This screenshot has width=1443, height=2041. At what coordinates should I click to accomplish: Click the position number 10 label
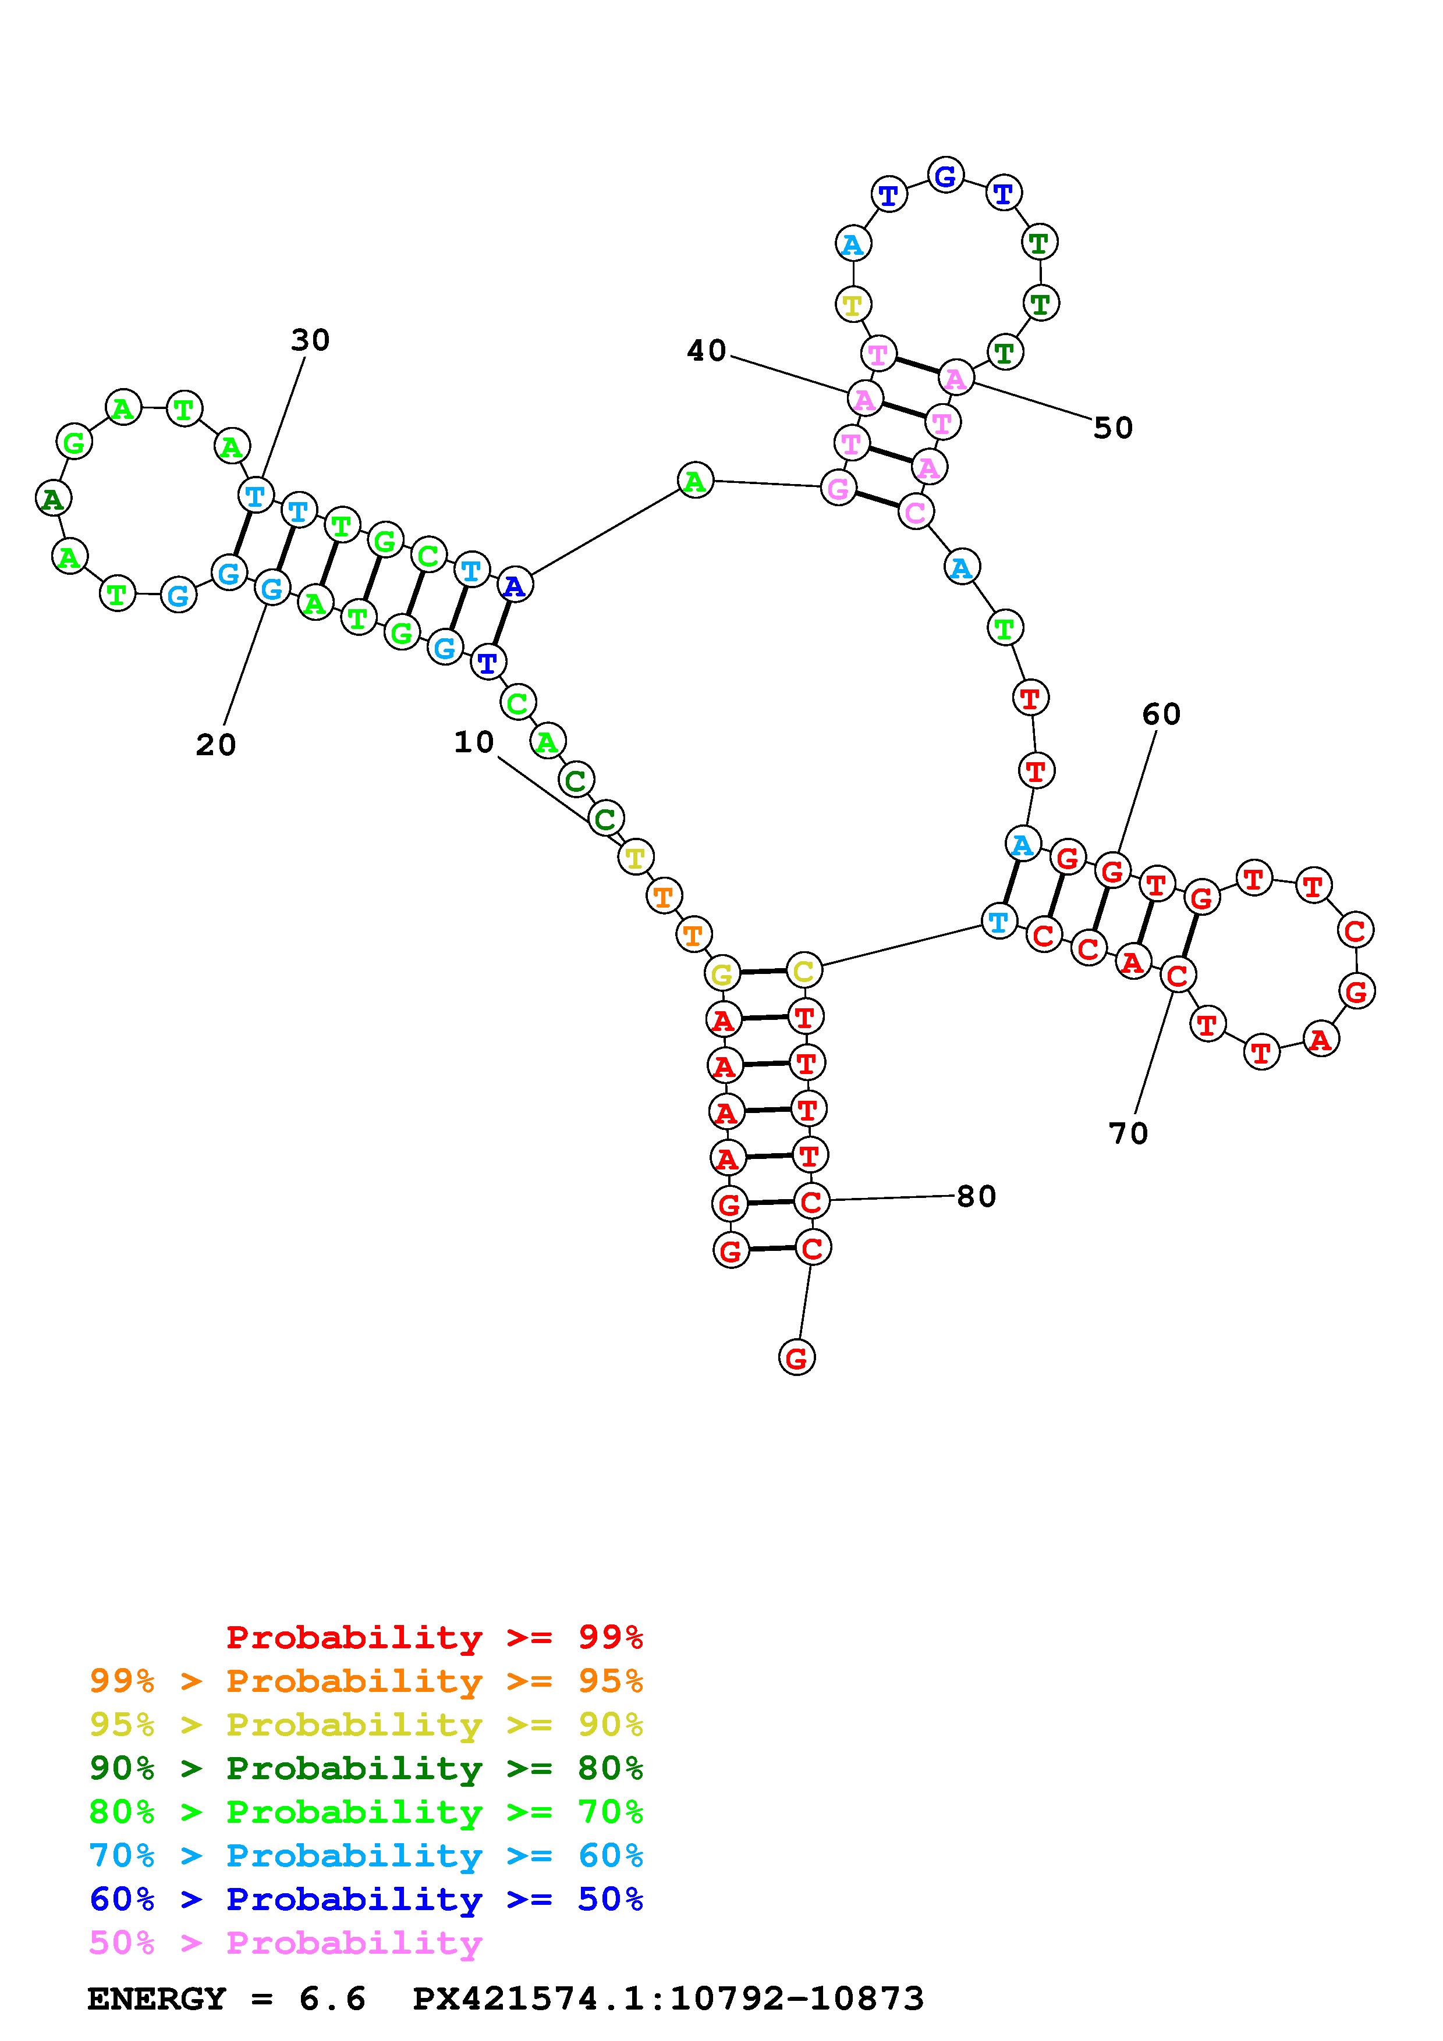tap(474, 742)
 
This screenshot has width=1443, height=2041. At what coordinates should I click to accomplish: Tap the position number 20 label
tap(216, 745)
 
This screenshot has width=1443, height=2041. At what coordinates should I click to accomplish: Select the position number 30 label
tap(310, 340)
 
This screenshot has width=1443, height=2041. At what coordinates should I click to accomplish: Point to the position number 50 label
tap(1113, 428)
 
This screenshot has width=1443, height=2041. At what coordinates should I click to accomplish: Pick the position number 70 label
tap(1128, 1133)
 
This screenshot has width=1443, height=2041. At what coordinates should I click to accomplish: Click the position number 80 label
tap(976, 1197)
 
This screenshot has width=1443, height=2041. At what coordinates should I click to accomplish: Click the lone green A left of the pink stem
tap(694, 481)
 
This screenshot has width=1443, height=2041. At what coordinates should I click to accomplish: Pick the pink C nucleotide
tap(915, 512)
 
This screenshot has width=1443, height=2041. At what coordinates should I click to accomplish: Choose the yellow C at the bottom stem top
tap(803, 970)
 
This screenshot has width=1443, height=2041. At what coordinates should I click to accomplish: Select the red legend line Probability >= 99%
tap(435, 1637)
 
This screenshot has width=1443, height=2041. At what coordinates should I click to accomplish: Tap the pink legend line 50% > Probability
tap(285, 1942)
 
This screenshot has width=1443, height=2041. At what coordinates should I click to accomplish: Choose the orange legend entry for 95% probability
tap(366, 1681)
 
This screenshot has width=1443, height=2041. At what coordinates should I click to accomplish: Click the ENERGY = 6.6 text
tap(226, 1999)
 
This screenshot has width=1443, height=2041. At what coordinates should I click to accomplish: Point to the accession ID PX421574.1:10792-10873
tap(669, 1999)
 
